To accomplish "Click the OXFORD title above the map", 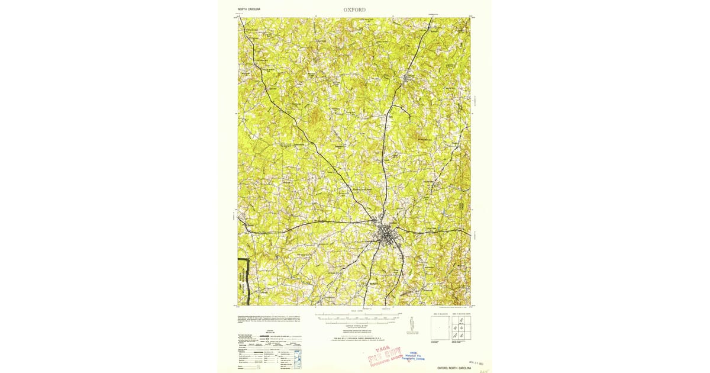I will [354, 9].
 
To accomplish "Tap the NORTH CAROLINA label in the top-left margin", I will [249, 9].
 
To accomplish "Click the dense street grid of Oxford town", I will [386, 234].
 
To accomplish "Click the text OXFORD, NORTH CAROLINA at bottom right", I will [454, 368].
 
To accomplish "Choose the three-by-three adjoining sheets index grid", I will [460, 327].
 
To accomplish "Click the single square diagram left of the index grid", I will [440, 327].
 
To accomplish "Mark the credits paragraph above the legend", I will [267, 320].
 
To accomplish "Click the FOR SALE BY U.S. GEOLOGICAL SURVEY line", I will [355, 339].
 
